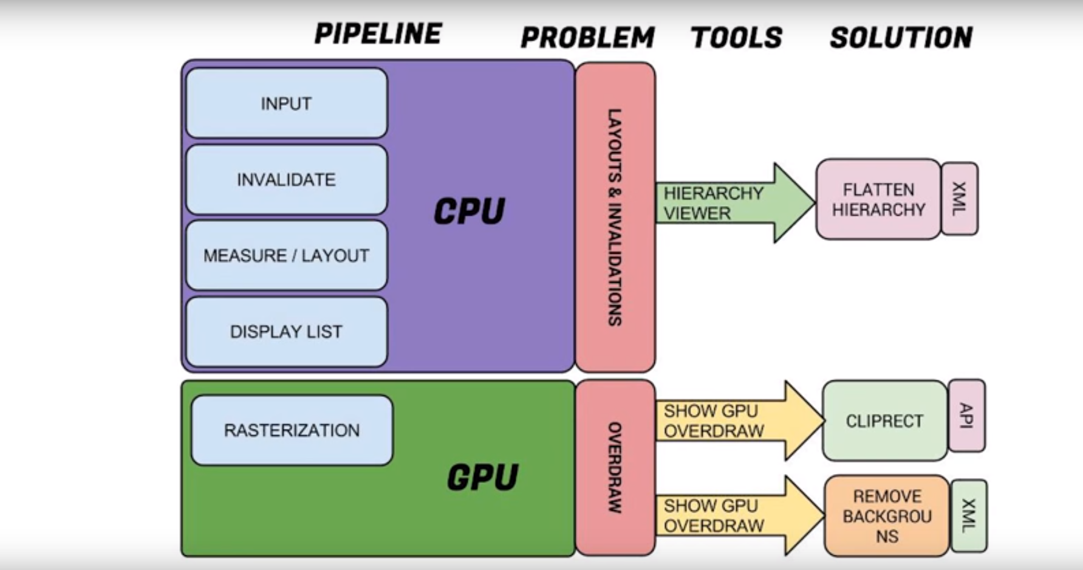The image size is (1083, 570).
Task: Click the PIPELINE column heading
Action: tap(378, 34)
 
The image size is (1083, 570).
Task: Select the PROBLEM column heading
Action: tap(587, 38)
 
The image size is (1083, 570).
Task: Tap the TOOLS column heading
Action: tap(736, 38)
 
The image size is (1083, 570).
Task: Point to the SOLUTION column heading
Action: tap(901, 38)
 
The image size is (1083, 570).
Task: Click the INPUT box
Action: tap(286, 103)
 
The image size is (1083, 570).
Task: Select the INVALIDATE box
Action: tap(286, 179)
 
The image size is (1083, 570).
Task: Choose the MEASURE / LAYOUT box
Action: tap(286, 255)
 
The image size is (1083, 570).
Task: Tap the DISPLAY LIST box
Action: tap(286, 331)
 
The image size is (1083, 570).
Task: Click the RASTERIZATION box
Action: tap(292, 430)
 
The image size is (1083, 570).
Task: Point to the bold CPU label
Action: tap(469, 211)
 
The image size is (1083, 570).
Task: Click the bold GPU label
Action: tap(482, 477)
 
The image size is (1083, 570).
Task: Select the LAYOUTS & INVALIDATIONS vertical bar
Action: tap(615, 217)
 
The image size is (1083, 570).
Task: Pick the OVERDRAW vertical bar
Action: tap(615, 467)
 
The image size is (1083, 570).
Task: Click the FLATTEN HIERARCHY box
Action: tap(878, 199)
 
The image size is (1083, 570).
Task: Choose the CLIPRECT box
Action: tap(884, 421)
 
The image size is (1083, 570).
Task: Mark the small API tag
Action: tap(966, 416)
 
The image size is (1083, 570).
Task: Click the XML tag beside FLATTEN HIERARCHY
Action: tap(959, 199)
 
